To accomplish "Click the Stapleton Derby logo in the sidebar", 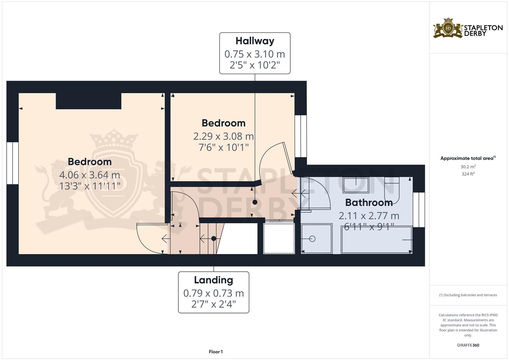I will pyautogui.click(x=468, y=28).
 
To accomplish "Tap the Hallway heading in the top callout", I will pyautogui.click(x=255, y=41).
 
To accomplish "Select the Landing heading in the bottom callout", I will pyautogui.click(x=213, y=280).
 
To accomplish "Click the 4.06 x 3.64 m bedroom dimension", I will pyautogui.click(x=89, y=175).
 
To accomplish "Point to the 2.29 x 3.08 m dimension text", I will pyautogui.click(x=223, y=136).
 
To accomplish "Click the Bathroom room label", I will pyautogui.click(x=369, y=202).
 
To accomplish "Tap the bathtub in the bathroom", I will pyautogui.click(x=376, y=240).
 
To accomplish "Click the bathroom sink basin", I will pyautogui.click(x=356, y=185).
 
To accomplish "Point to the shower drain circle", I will pyautogui.click(x=312, y=239).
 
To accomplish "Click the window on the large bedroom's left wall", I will pyautogui.click(x=12, y=163).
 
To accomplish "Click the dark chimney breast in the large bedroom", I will pyautogui.click(x=88, y=101).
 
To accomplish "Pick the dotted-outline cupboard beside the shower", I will pyautogui.click(x=279, y=239).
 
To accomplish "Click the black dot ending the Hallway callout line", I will pyautogui.click(x=255, y=202).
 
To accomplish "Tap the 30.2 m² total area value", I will pyautogui.click(x=468, y=167).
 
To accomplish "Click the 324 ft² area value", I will pyautogui.click(x=468, y=174).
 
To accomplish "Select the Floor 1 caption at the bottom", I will pyautogui.click(x=216, y=352).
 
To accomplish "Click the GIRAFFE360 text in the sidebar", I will pyautogui.click(x=468, y=345).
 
